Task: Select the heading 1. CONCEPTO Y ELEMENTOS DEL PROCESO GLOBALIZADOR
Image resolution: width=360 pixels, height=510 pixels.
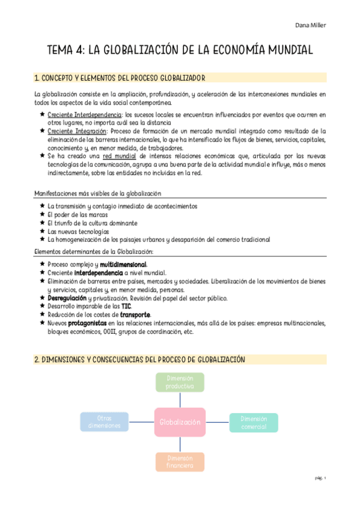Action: coord(120,78)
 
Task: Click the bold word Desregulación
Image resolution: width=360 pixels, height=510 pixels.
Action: coord(67,298)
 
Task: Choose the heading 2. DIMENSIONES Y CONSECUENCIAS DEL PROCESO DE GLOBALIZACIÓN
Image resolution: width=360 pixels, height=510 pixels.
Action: coord(139,359)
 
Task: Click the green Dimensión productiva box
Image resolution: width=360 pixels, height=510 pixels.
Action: coord(180,382)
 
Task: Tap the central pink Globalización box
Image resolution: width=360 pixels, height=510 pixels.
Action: coord(180,422)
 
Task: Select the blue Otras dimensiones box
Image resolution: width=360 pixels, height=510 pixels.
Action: coord(105,422)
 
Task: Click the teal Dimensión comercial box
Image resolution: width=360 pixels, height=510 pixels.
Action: coord(254,422)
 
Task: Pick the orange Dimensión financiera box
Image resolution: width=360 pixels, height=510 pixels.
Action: coord(180,462)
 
